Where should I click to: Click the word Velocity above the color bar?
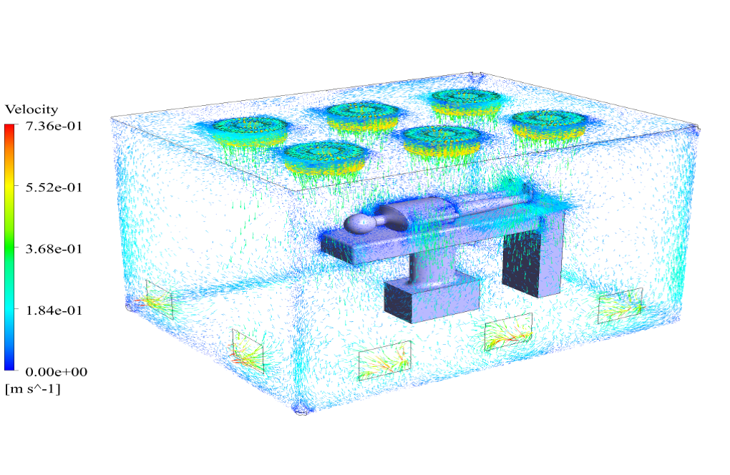coord(31,109)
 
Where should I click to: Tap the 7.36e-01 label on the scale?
coord(54,126)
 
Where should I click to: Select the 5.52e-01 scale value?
coord(54,187)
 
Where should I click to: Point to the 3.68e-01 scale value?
coord(54,249)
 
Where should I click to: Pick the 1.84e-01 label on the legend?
coord(54,310)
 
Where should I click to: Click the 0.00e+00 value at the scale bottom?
coord(57,372)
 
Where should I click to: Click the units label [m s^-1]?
coord(33,388)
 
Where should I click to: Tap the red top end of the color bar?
coord(9,126)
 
